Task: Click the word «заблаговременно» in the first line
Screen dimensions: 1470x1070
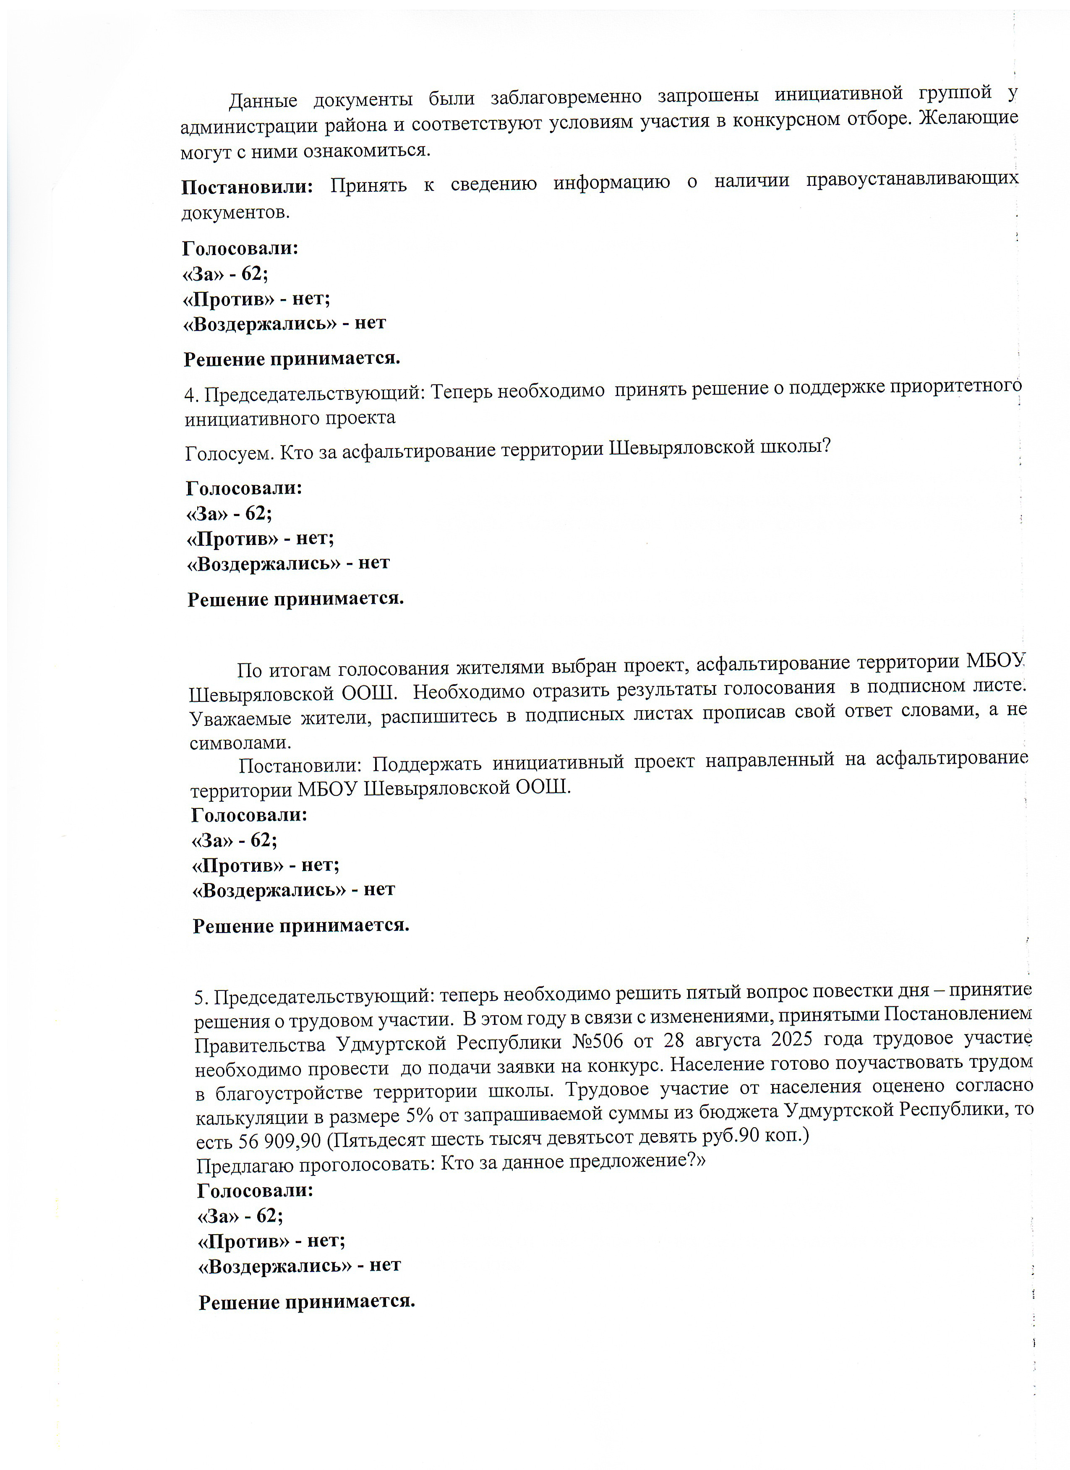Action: [565, 97]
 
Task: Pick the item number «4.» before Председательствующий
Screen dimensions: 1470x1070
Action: [191, 394]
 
